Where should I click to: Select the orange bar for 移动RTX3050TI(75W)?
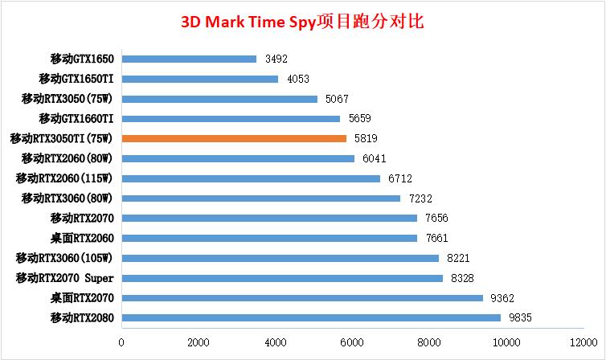point(234,138)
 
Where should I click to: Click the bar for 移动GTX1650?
point(189,59)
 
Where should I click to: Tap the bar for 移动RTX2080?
point(311,317)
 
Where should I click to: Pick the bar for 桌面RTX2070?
point(302,297)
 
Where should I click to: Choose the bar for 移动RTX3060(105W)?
point(280,258)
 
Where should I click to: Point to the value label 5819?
point(366,138)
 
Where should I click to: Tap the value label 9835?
point(520,317)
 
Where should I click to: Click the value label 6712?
point(399,178)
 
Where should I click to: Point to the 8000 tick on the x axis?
point(430,342)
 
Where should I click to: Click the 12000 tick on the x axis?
point(583,342)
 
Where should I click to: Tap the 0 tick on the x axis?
point(121,342)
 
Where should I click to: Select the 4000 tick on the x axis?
point(276,342)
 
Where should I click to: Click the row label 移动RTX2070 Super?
point(65,278)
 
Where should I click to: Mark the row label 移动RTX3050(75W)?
point(68,99)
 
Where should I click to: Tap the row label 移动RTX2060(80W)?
point(68,158)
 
